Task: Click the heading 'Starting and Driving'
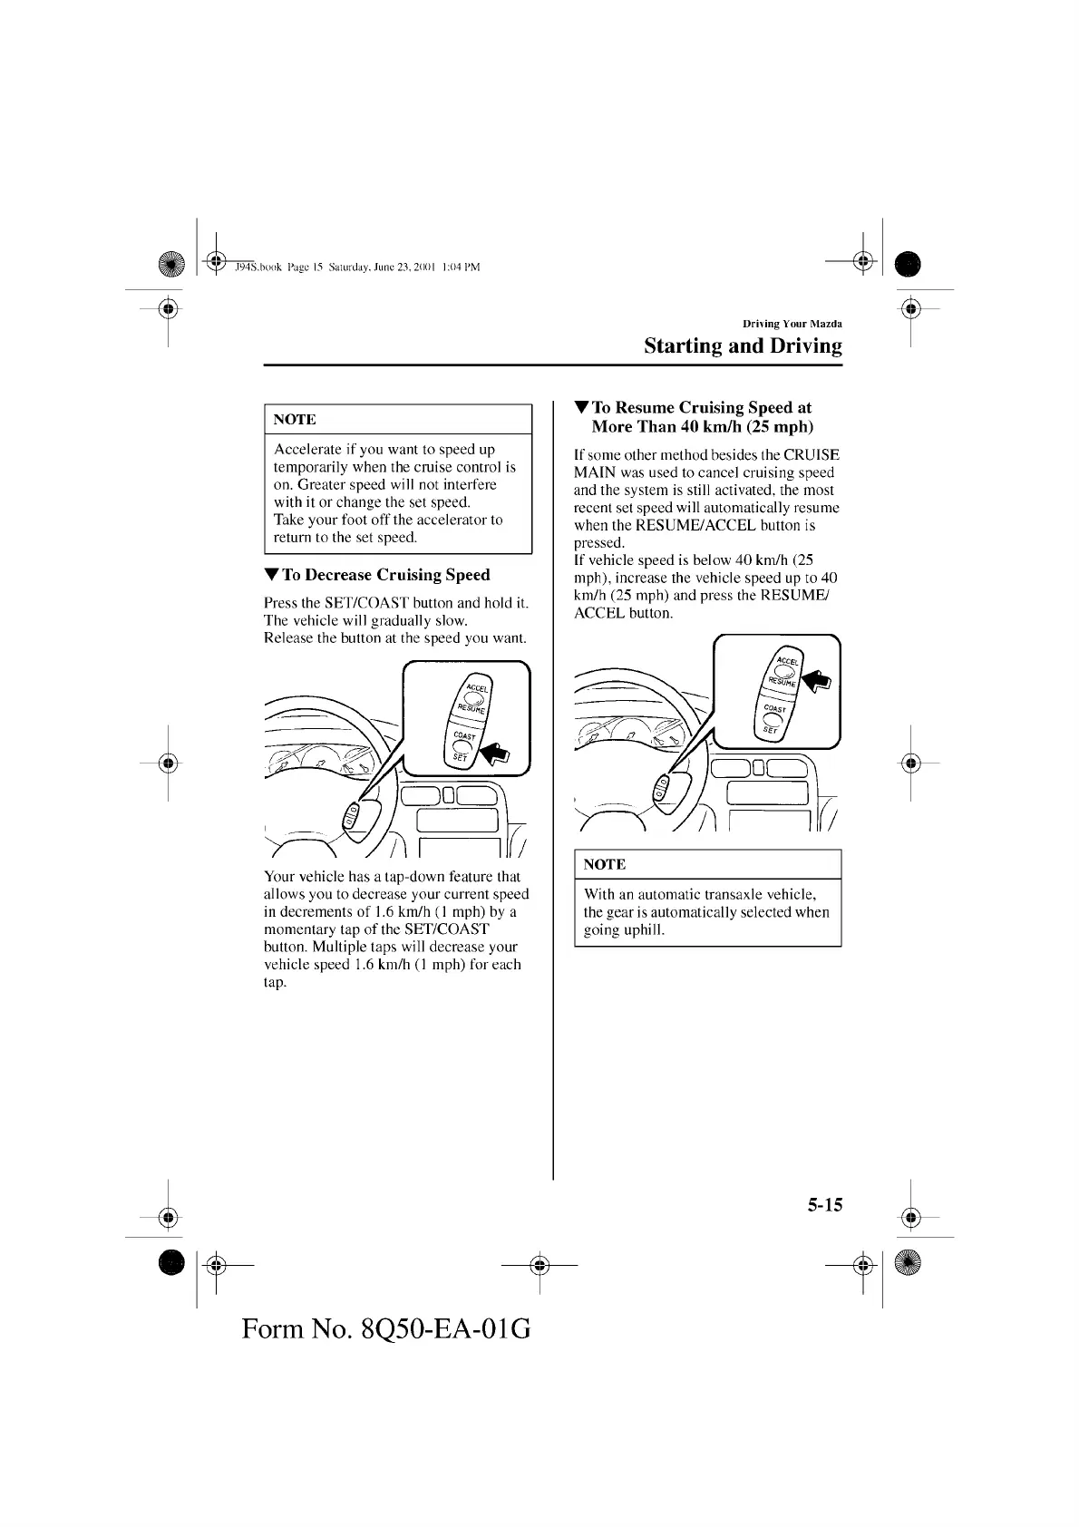tap(742, 346)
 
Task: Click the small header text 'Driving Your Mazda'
tap(792, 324)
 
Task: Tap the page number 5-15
tap(824, 1204)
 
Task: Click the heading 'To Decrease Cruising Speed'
tap(385, 575)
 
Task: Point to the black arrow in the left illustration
tap(495, 752)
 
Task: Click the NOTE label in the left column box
tap(295, 420)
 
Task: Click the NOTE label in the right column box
tap(605, 865)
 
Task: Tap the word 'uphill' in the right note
tap(643, 929)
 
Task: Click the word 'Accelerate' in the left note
tap(306, 450)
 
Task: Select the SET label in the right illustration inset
tap(770, 729)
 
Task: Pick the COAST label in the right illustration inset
tap(774, 709)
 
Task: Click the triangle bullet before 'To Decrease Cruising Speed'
tap(271, 575)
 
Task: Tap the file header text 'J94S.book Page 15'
tap(273, 267)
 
